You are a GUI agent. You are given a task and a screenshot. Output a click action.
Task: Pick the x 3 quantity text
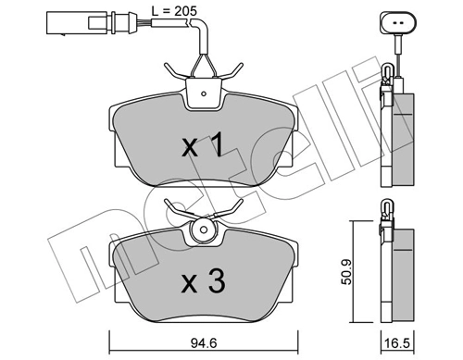click(202, 280)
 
